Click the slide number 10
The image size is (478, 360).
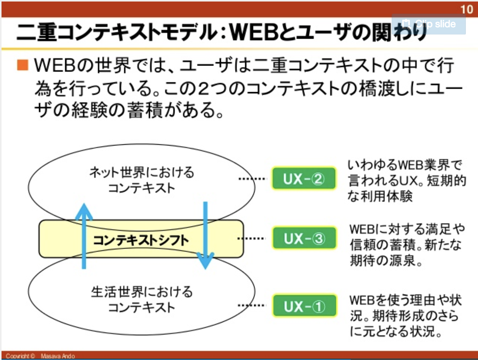467,9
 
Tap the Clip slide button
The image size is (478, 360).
429,24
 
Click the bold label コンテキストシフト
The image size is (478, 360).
141,240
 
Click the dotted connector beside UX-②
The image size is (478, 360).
252,178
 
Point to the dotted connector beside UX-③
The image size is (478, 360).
252,238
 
